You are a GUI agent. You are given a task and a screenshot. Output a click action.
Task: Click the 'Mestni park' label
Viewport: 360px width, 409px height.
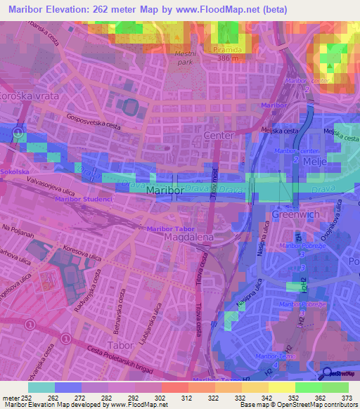tap(185, 57)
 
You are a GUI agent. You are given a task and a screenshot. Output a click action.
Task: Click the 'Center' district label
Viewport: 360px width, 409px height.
tap(217, 134)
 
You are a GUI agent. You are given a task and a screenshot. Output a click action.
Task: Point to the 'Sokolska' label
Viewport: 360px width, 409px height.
tap(15, 171)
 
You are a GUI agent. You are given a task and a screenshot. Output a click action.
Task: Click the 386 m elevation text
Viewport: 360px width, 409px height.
tap(229, 59)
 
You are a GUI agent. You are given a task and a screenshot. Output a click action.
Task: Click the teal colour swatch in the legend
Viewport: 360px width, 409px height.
tap(41, 387)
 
